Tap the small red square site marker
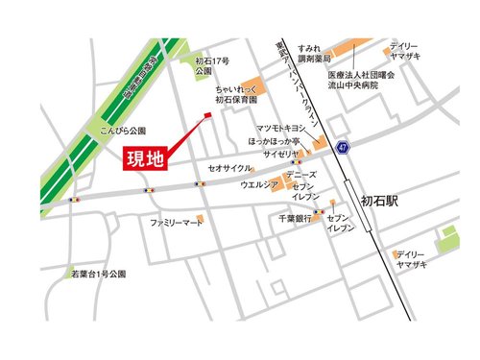pos(205,118)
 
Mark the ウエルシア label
pos(260,183)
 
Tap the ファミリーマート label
pos(177,222)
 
